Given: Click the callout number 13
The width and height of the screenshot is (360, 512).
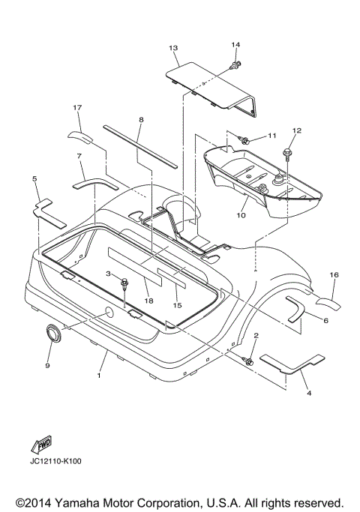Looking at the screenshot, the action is tap(173, 48).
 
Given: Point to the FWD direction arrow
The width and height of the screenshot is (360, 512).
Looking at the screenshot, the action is tap(41, 444).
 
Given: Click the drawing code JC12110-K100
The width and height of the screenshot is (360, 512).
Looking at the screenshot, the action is tap(55, 461).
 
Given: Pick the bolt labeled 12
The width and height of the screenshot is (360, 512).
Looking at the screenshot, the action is tap(287, 154).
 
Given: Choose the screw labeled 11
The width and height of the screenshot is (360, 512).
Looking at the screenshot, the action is tap(244, 140).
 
